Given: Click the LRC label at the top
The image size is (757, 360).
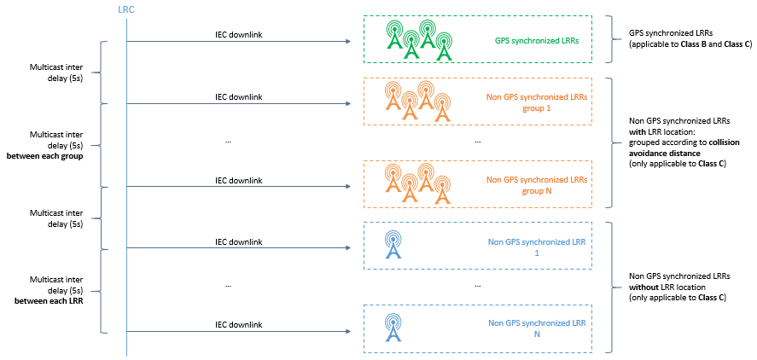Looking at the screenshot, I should pos(125,9).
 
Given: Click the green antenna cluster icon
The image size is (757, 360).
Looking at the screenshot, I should pos(417,40).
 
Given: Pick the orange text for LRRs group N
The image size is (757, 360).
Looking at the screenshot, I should pos(537,185).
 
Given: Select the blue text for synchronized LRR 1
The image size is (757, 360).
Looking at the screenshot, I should pos(537,247).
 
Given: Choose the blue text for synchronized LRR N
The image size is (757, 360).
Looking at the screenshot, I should pos(537,328).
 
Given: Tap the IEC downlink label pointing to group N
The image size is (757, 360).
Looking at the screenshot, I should pos(238,180).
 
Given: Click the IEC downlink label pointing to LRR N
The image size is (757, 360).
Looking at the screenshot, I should pos(238,324).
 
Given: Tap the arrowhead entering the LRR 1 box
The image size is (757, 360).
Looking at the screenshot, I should pos(349,248).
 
